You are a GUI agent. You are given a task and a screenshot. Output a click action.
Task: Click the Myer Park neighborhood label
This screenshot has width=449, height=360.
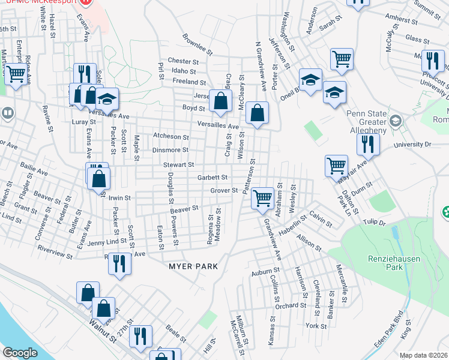[192, 266]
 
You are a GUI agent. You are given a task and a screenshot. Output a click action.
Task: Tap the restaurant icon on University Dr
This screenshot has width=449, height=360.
[367, 144]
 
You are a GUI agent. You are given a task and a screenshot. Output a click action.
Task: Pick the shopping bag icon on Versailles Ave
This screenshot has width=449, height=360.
[257, 113]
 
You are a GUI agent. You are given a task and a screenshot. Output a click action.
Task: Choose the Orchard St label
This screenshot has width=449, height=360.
[295, 305]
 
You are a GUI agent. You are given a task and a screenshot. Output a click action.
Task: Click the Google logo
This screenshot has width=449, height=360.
[20, 353]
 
